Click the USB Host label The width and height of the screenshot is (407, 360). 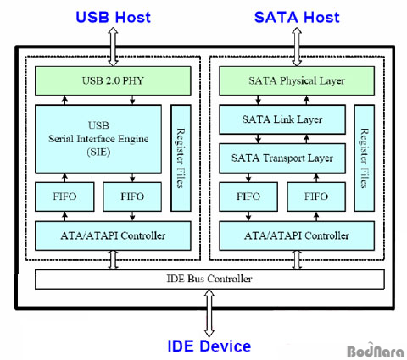click(113, 17)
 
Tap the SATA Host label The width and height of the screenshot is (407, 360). click(297, 17)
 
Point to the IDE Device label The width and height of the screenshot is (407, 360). click(209, 346)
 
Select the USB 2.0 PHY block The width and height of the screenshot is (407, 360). click(113, 80)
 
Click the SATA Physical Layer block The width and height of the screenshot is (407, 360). click(297, 80)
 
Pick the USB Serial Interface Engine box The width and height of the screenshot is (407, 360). click(98, 139)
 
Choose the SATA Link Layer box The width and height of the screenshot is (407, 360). click(282, 119)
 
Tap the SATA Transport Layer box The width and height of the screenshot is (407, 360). click(282, 158)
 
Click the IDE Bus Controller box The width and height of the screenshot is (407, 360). click(209, 279)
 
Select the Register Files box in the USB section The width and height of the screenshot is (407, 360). click(181, 158)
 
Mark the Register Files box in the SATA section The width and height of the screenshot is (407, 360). click(365, 158)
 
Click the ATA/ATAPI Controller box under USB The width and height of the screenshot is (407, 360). click(113, 235)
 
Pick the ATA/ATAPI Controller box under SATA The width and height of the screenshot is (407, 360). click(297, 235)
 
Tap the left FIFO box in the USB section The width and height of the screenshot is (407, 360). click(64, 197)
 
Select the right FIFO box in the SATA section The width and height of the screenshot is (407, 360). click(316, 197)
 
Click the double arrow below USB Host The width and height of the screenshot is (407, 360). click(113, 47)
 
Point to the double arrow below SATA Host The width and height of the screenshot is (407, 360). click(297, 47)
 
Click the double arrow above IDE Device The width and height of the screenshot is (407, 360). click(209, 313)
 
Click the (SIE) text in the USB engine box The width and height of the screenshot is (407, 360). click(98, 152)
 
